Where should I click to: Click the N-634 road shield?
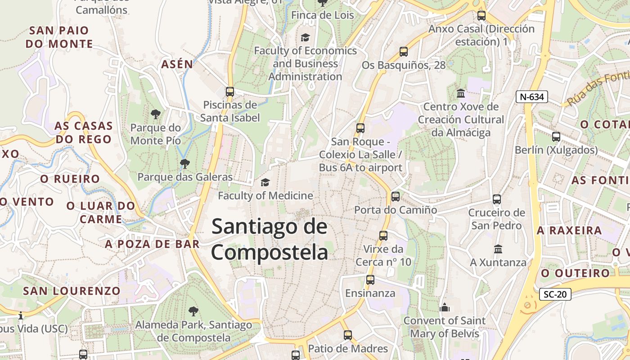click(531, 96)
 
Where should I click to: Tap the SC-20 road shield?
click(555, 294)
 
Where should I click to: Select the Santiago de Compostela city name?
click(270, 238)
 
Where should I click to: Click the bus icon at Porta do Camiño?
click(396, 196)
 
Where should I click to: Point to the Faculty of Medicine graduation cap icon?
click(265, 182)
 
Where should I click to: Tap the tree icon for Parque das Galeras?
click(184, 163)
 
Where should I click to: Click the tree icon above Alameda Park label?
click(193, 310)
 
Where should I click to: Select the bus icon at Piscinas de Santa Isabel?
click(230, 92)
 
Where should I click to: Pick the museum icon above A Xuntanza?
click(498, 249)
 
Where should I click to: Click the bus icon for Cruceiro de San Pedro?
click(497, 199)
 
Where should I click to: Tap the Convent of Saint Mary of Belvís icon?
click(445, 307)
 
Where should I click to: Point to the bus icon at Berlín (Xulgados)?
click(556, 137)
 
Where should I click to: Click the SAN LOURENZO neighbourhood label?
click(72, 291)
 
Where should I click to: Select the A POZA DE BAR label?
click(152, 244)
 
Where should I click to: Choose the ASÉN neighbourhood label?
click(177, 64)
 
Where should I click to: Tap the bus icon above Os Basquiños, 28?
click(404, 52)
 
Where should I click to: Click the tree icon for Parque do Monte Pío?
click(156, 114)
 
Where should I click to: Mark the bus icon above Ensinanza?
click(370, 280)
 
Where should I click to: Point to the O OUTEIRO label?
click(576, 273)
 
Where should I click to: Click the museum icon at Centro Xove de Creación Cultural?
click(461, 94)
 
